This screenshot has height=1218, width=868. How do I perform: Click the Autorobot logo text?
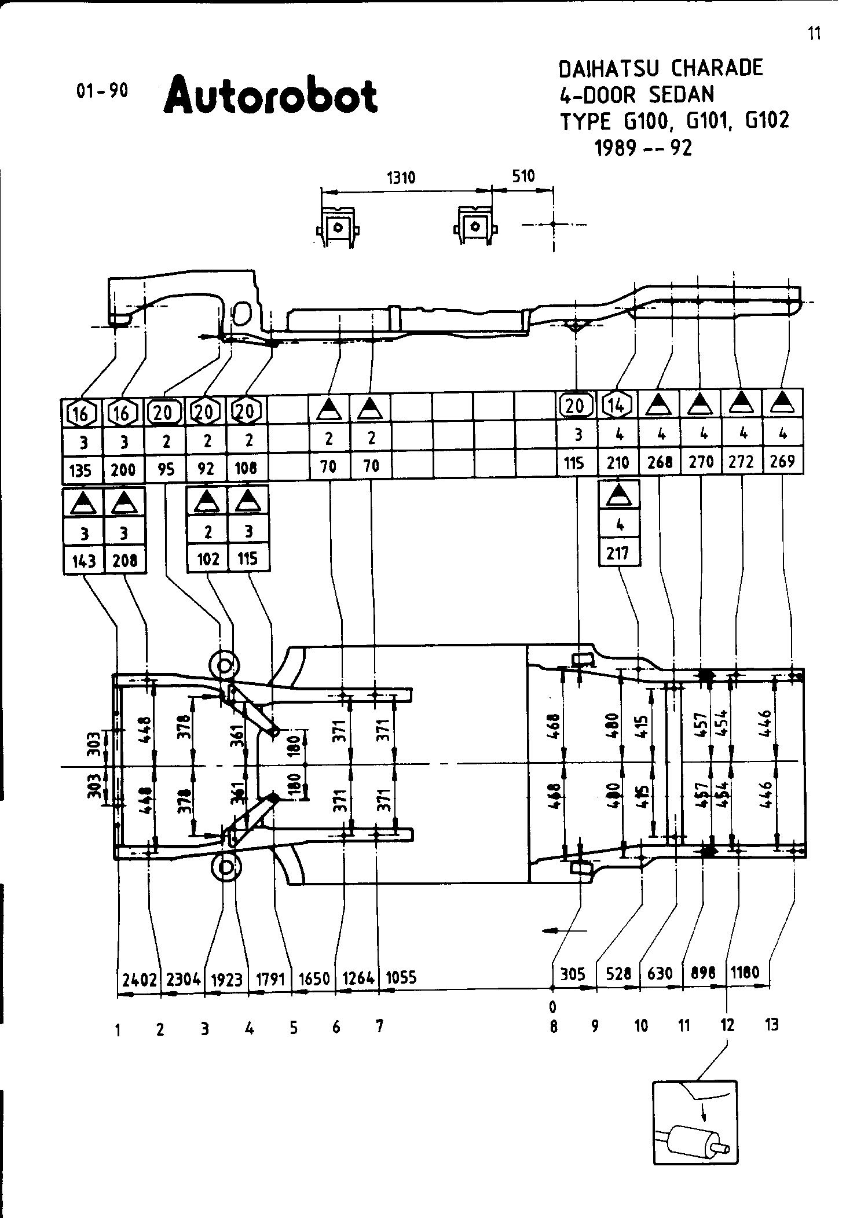tap(270, 94)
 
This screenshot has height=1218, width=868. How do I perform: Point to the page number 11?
tap(814, 34)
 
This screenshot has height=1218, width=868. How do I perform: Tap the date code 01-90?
tap(102, 91)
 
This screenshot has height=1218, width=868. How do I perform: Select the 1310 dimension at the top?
tap(401, 177)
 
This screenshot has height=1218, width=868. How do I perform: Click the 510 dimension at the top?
tap(523, 176)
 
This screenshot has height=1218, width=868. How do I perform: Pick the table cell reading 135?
tap(80, 470)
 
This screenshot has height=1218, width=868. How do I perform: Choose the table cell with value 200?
tap(123, 469)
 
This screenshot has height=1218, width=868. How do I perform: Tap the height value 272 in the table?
tap(741, 462)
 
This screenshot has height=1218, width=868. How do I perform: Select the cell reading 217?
tap(618, 553)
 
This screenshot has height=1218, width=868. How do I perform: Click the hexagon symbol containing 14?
tap(617, 406)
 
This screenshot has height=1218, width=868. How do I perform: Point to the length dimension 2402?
tap(139, 980)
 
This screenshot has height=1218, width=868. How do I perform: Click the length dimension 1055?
tap(401, 978)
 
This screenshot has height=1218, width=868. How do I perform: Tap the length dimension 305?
tap(573, 975)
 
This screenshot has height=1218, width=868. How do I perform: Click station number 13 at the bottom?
tap(771, 1025)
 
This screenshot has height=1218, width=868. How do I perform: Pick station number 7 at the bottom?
tap(379, 1026)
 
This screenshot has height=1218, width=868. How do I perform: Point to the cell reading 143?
tap(83, 561)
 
